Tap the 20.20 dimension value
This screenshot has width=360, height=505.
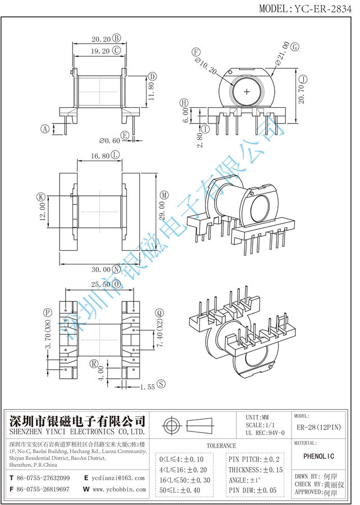tap(99, 39)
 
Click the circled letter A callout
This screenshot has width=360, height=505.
tap(45, 128)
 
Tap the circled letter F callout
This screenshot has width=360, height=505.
tap(197, 52)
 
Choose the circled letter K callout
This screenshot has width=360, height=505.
tap(40, 197)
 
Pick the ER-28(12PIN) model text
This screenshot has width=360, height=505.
tap(318, 428)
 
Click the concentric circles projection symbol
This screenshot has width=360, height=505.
tap(171, 425)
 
